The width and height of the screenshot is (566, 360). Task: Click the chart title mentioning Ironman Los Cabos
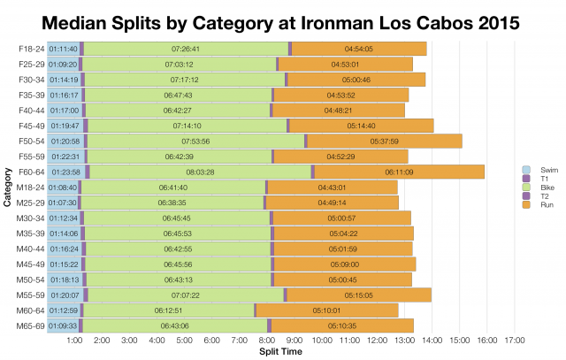(x=283, y=19)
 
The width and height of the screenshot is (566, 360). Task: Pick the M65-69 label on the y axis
(x=30, y=326)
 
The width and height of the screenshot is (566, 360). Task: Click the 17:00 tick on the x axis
(x=514, y=341)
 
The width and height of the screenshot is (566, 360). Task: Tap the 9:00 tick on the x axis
(x=294, y=341)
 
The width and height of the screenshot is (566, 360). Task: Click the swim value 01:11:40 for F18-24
(x=64, y=49)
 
